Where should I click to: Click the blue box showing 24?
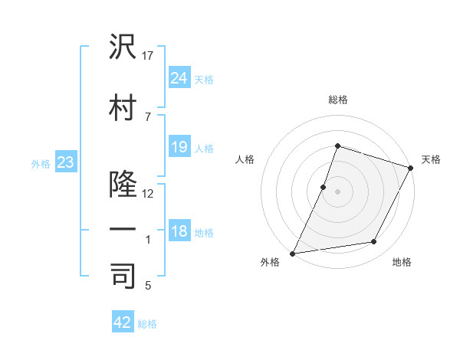(x=179, y=78)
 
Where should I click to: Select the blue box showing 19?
(x=179, y=147)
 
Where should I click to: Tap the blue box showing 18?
(x=179, y=231)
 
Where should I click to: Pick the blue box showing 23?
(x=65, y=162)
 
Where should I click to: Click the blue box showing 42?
(x=123, y=322)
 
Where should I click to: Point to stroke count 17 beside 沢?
(x=149, y=55)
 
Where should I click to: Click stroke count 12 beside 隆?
(x=149, y=193)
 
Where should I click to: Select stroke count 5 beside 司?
(x=148, y=286)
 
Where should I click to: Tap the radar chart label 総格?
(x=337, y=100)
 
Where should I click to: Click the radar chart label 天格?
(x=431, y=159)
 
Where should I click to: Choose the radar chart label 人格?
(x=245, y=159)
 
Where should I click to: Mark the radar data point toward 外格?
(x=292, y=253)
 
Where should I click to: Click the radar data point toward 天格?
(x=411, y=168)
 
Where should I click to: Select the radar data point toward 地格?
(x=374, y=242)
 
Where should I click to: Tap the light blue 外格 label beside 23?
(x=40, y=163)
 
